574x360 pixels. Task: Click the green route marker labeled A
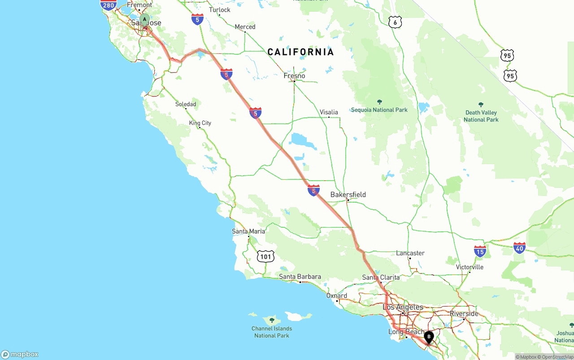coord(144,19)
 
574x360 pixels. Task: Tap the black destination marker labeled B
coord(429,337)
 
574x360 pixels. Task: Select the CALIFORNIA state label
coord(300,52)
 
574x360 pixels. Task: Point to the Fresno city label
coord(294,76)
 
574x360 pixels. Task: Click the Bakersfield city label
coord(348,195)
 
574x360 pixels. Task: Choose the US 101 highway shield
coord(265,257)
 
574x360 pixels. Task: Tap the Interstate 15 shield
coord(480,251)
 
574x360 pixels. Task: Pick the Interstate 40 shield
coord(519,247)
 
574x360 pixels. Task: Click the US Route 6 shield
coord(395,22)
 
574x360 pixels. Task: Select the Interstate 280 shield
coord(108,5)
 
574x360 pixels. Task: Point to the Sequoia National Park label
coord(379,109)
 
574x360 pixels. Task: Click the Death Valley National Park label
coord(481,116)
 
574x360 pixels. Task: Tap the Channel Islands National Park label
coord(272,332)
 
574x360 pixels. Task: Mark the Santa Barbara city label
coord(300,277)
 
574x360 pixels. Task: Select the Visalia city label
coord(329,112)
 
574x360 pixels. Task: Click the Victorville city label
coord(470,267)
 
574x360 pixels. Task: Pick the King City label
coord(200,123)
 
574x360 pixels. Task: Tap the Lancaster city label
coord(410,253)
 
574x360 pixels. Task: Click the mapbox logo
coord(20,354)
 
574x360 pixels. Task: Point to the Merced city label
coord(245,27)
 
